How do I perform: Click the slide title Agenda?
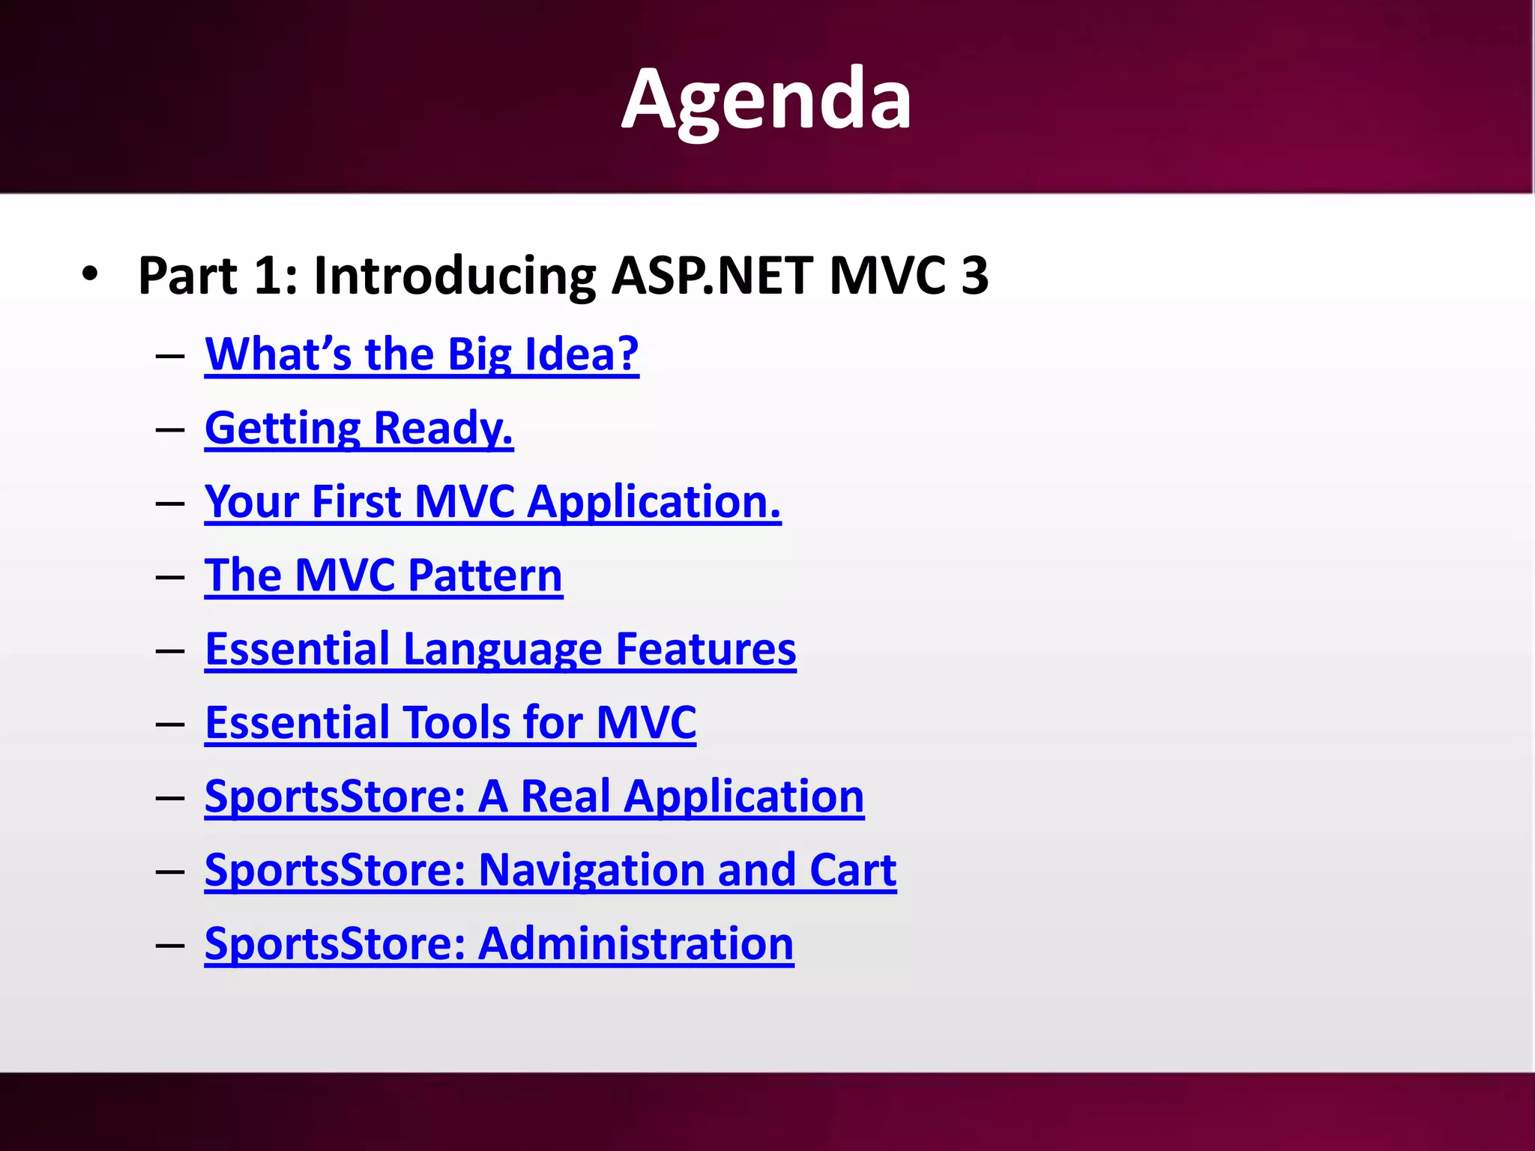tap(766, 99)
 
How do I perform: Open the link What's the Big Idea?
tap(421, 354)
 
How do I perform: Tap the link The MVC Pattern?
tap(383, 575)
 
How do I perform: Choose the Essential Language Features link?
tap(500, 648)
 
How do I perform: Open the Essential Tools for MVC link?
tap(450, 722)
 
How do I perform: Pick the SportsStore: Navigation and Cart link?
tap(550, 869)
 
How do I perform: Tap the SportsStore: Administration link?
tap(498, 943)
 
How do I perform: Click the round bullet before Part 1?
tap(90, 274)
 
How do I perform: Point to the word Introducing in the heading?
tap(454, 276)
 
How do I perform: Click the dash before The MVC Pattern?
tap(171, 577)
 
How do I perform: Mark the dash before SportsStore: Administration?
tap(171, 945)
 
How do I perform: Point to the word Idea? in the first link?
tap(582, 354)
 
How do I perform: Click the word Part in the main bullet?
tap(187, 276)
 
